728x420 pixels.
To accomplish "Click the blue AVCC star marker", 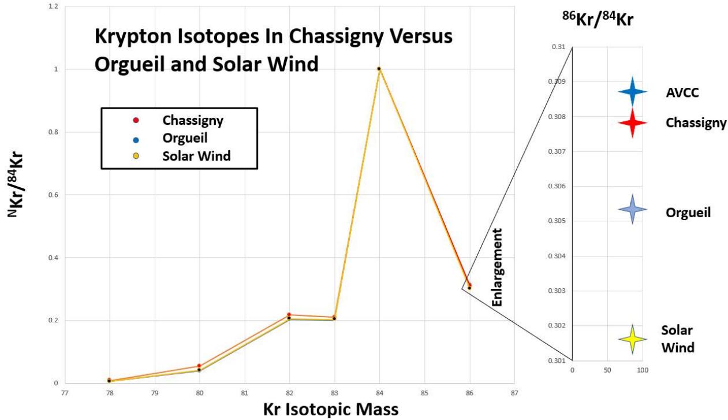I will (x=632, y=91).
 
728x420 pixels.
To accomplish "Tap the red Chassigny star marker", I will (x=632, y=123).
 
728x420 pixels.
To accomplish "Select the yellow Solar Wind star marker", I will (x=632, y=340).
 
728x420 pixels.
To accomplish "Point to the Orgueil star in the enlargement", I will (x=632, y=209).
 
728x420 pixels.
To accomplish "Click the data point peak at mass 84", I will (x=379, y=69).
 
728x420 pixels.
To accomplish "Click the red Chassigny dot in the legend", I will (x=136, y=121).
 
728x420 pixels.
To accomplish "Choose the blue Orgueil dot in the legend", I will (x=136, y=139).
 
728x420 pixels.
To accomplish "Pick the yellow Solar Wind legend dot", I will (x=136, y=156).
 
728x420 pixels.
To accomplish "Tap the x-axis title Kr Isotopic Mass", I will (x=330, y=410).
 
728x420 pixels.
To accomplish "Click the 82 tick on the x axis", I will (x=289, y=393).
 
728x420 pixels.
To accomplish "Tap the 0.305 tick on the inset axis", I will (x=555, y=221).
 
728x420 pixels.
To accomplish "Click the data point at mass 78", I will (x=109, y=380).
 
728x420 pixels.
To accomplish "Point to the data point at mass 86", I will (x=469, y=286).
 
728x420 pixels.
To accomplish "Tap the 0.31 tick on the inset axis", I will (x=557, y=47).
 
